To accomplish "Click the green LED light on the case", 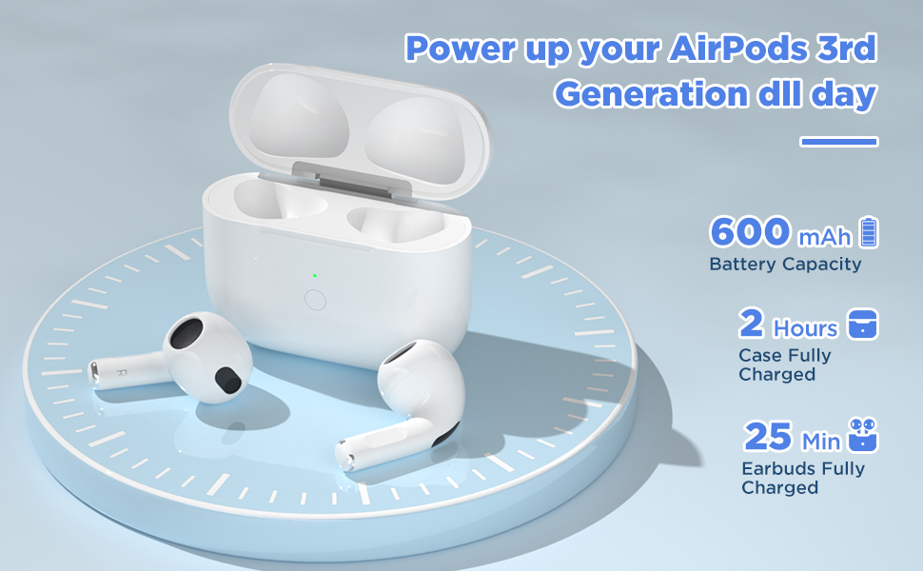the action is click(315, 275).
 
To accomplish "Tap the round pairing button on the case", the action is click(316, 300).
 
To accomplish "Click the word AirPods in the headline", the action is click(737, 48).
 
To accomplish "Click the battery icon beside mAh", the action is click(869, 231).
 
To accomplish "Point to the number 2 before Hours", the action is click(752, 323).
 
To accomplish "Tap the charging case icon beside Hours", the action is click(862, 324).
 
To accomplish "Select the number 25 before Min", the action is click(768, 436).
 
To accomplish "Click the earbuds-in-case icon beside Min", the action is click(862, 435).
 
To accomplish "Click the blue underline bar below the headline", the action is click(839, 141).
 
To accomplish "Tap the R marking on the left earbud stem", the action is click(121, 373).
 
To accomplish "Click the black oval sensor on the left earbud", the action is click(227, 380).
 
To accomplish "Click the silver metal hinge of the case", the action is click(351, 181).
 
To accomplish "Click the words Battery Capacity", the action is click(785, 265).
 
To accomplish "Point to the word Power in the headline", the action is click(461, 48).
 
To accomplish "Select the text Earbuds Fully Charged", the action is click(803, 478).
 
